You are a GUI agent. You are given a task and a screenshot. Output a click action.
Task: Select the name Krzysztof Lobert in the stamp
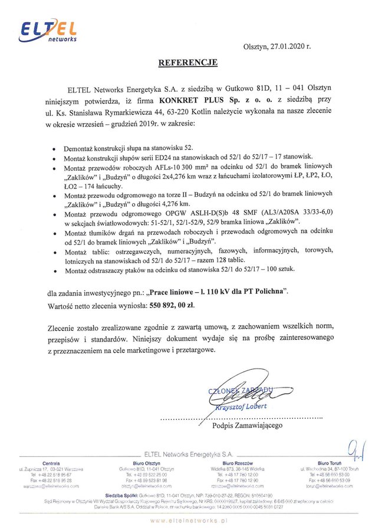[x=242, y=406]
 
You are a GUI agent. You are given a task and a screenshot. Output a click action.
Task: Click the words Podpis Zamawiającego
[x=247, y=425]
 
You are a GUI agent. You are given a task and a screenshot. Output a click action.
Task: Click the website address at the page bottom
[x=187, y=521]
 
